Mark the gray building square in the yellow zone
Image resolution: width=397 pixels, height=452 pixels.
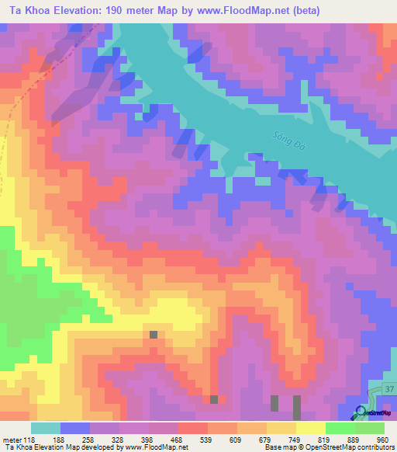(x=154, y=334)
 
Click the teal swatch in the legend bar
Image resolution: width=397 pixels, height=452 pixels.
(x=45, y=429)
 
